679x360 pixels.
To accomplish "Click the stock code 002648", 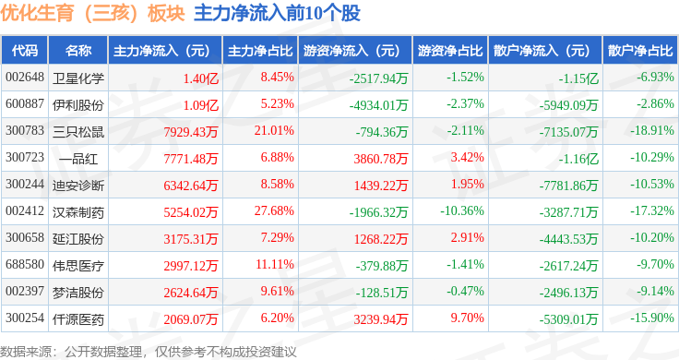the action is coord(25,78).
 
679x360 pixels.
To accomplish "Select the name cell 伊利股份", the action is coord(78,105).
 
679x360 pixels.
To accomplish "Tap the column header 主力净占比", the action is coord(260,51).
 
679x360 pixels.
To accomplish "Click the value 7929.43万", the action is coord(191,132).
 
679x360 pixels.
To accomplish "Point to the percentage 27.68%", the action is coord(274,211).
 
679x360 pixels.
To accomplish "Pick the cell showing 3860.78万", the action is coord(381,159).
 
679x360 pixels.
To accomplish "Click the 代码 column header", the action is coord(25,51).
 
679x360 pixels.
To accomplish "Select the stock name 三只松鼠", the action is coord(78,132).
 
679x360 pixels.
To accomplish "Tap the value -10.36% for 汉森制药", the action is coord(462,211).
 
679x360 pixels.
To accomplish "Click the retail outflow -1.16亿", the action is coord(578,159).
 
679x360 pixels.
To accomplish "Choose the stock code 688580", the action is coord(25,264).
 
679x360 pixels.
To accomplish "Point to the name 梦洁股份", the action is coord(78,293).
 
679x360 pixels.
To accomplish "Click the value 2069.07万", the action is coord(191,319).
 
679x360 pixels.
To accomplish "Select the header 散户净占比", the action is coord(640,51).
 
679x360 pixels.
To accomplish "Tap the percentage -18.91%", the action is coord(652,130).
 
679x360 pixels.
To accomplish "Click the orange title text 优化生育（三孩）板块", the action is coord(92,14).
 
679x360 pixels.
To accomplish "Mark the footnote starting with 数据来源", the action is coord(149,352).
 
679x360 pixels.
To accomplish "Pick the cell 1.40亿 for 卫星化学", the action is coord(200,78).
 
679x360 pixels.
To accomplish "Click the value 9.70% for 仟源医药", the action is coord(467,318).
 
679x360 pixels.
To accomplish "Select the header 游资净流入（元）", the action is coord(351,51).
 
